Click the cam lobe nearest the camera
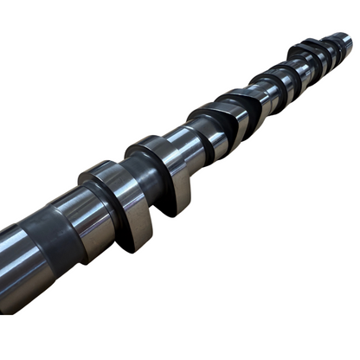pyautogui.click(x=121, y=203)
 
